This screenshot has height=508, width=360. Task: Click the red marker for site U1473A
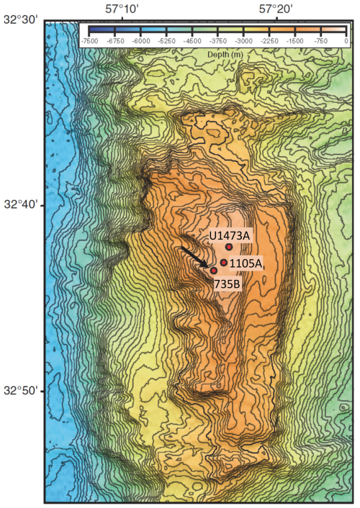[229, 247]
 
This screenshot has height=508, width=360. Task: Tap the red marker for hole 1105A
[224, 263]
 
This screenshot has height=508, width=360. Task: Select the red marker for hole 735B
[214, 271]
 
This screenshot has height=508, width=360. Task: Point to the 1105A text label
[246, 263]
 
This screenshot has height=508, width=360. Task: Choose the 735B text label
[228, 284]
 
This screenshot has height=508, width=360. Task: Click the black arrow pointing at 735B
[194, 258]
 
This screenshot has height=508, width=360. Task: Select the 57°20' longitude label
[276, 9]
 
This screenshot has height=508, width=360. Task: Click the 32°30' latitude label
[20, 21]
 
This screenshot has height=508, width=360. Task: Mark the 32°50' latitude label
[20, 391]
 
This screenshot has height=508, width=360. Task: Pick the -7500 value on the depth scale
[90, 42]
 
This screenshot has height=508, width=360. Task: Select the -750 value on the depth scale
[321, 42]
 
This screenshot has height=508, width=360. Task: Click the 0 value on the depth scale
[346, 42]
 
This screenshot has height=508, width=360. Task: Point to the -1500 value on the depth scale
[295, 42]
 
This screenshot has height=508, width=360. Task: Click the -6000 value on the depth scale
[141, 42]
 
